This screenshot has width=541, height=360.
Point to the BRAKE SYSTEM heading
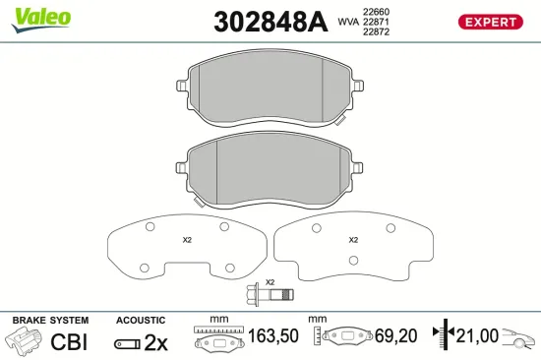tap(49, 321)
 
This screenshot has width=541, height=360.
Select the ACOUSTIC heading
tap(142, 321)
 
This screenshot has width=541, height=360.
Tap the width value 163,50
tap(272, 336)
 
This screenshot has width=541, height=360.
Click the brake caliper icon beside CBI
tap(24, 341)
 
